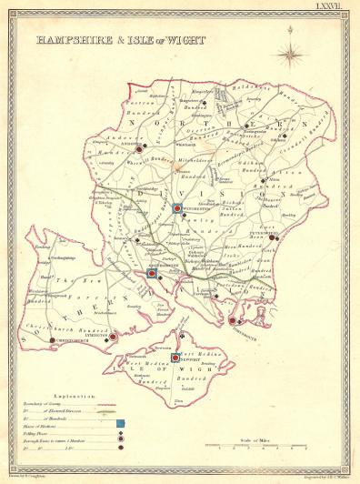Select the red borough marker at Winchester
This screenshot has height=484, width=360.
pyautogui.click(x=178, y=208)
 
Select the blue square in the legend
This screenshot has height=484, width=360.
pyautogui.click(x=120, y=424)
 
